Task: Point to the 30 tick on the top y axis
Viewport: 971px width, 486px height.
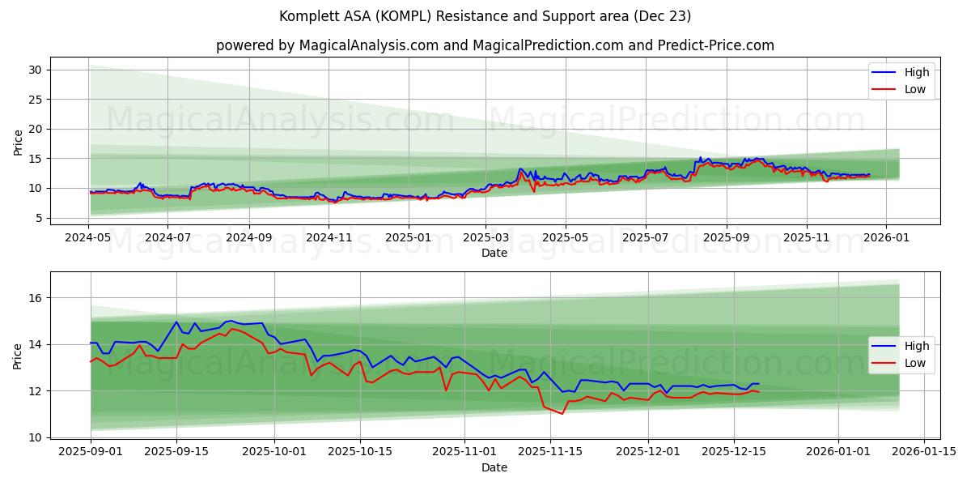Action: (35, 70)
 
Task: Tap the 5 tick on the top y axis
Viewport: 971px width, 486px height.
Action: (38, 218)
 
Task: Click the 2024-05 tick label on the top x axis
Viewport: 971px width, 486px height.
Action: (88, 237)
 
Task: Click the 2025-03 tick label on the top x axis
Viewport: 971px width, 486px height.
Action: (485, 237)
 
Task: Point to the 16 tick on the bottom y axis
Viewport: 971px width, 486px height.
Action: (35, 298)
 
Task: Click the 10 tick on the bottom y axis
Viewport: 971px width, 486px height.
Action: (35, 437)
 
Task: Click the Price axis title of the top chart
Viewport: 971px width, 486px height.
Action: (19, 143)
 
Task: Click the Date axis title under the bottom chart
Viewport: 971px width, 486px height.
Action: (494, 467)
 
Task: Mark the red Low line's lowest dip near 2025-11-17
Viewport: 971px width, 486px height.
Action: (562, 414)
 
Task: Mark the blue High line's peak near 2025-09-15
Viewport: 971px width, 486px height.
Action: (176, 322)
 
